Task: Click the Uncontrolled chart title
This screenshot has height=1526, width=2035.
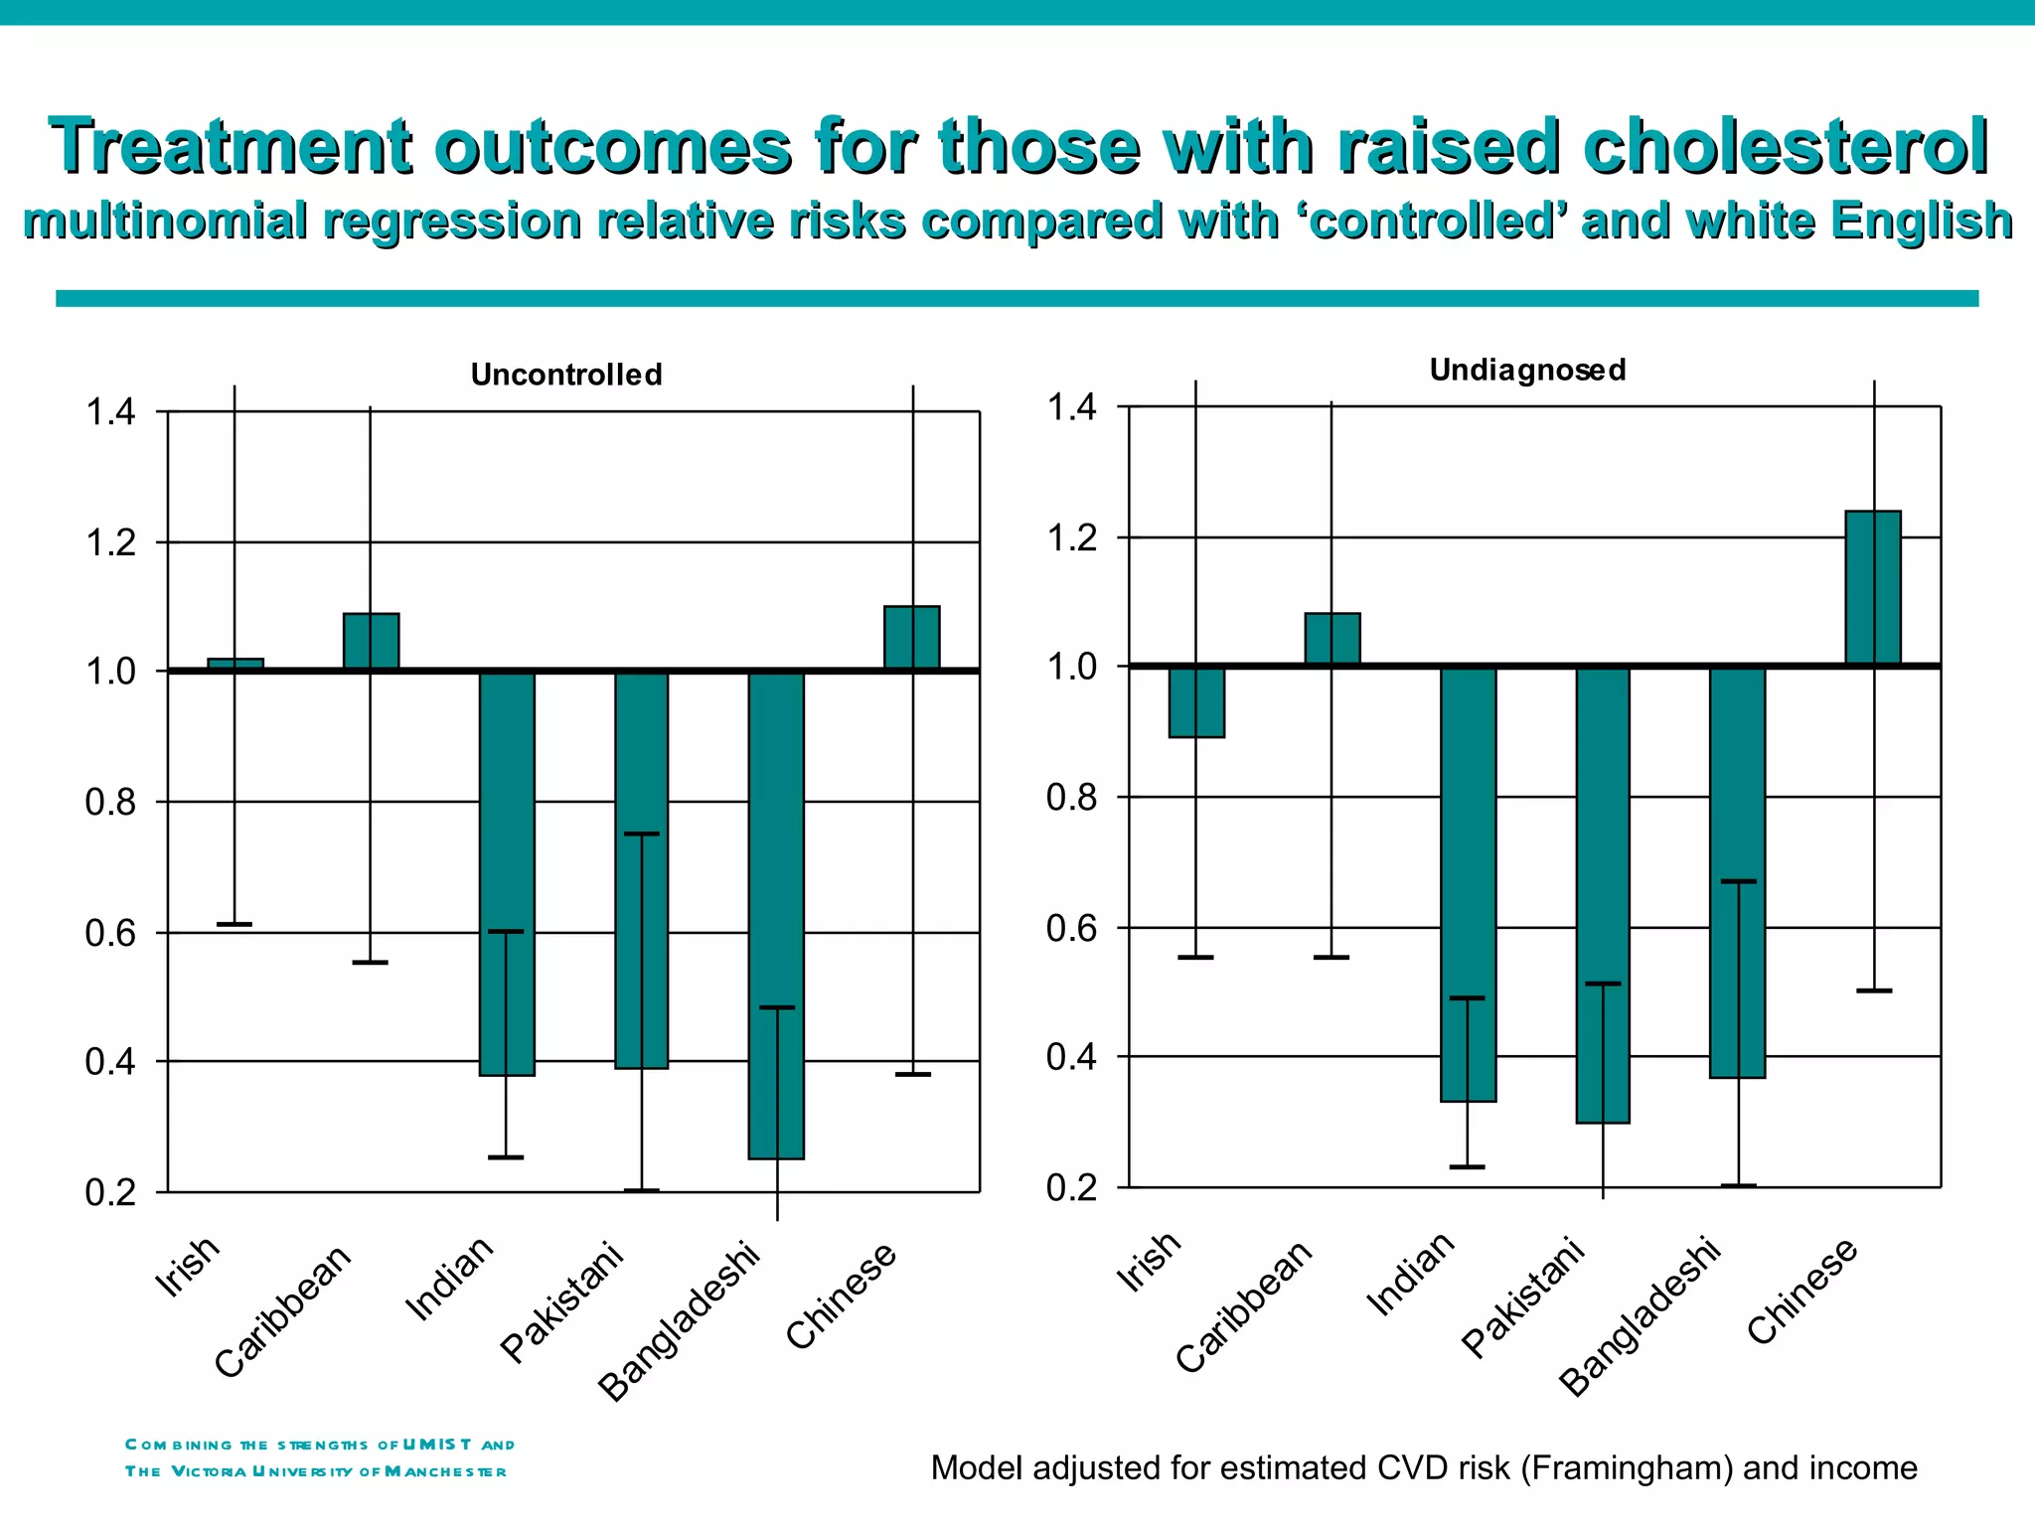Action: click(566, 375)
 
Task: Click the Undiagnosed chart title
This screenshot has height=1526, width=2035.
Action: click(1527, 370)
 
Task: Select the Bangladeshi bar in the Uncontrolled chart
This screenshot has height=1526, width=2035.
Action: click(776, 914)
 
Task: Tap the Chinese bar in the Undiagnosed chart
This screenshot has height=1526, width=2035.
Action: click(1873, 587)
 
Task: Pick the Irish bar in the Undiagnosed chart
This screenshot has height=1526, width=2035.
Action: click(1196, 702)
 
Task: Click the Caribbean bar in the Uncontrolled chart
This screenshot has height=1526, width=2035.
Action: click(371, 642)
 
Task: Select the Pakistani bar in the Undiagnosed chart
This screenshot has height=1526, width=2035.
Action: click(1603, 894)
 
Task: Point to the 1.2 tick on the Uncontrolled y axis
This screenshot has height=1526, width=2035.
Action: click(110, 542)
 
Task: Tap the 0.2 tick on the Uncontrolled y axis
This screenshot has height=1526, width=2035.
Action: click(110, 1192)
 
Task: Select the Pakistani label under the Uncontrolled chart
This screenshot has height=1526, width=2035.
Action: click(561, 1301)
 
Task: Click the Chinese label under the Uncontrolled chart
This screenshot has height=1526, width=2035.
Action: click(841, 1296)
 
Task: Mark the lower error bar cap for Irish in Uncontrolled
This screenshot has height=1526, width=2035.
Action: click(235, 924)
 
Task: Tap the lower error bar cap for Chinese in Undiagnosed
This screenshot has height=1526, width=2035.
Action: click(1874, 991)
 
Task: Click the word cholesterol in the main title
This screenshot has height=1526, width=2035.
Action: click(1785, 147)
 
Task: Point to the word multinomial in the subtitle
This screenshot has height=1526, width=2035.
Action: click(165, 221)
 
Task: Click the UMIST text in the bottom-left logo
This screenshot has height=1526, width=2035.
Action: click(436, 1444)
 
